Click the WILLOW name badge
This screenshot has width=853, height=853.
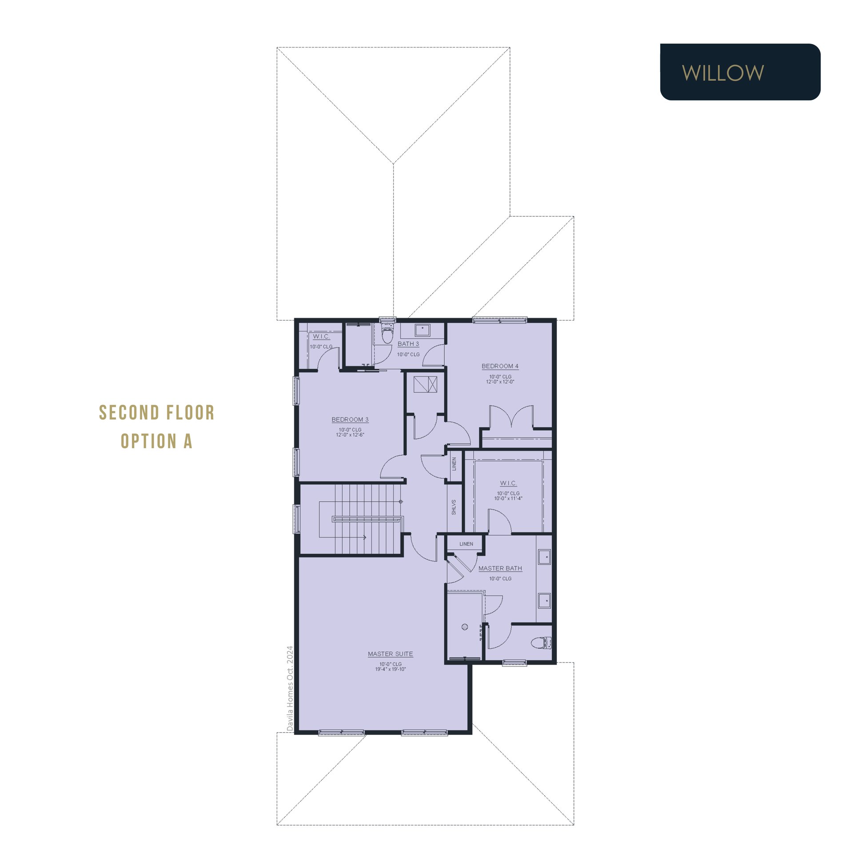(x=740, y=72)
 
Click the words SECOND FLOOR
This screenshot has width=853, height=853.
(x=157, y=413)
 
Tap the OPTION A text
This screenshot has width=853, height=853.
(x=156, y=441)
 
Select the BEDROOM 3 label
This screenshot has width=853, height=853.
(x=350, y=419)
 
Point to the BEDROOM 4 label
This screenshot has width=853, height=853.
(x=500, y=366)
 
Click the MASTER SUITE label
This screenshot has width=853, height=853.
(x=391, y=654)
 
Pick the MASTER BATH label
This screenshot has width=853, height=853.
(x=500, y=568)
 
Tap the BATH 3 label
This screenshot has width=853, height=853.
(x=408, y=344)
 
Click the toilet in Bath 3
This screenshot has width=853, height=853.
(x=387, y=334)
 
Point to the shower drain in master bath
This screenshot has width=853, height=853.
(x=465, y=627)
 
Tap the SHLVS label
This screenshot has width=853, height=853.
(x=454, y=507)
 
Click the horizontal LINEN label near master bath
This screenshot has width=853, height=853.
(x=466, y=544)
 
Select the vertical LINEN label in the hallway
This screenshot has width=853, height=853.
(x=454, y=464)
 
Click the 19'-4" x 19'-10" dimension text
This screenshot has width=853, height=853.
(x=391, y=669)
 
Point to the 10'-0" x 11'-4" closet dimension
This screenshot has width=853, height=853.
(x=508, y=498)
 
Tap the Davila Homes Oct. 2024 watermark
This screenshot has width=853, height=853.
(x=290, y=688)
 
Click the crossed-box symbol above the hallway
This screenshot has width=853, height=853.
(x=425, y=384)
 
